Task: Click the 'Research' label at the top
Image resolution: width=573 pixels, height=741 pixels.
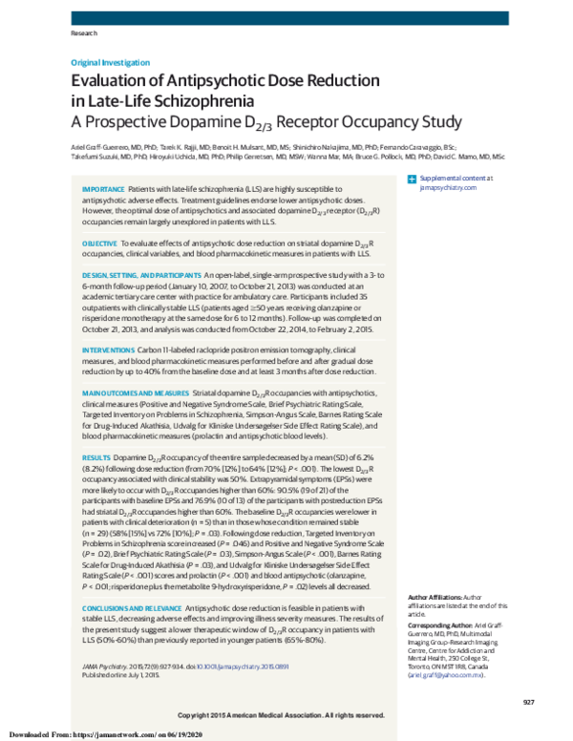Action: pos(84,34)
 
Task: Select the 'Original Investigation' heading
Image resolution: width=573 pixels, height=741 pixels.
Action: pos(109,61)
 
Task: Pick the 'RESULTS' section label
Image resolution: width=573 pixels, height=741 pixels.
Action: pos(96,458)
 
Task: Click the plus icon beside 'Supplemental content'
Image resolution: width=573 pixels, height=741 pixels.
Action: pos(413,180)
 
